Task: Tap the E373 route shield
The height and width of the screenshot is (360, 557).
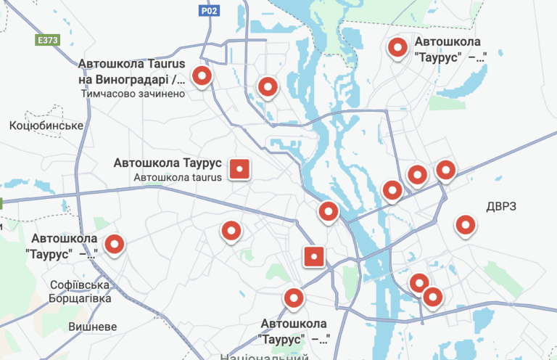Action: point(47,40)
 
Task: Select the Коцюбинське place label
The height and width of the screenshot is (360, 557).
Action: point(46,126)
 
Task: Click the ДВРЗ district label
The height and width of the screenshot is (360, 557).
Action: point(501,207)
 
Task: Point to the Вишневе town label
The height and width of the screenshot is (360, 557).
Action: point(92,327)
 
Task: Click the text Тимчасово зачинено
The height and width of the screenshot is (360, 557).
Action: point(133,94)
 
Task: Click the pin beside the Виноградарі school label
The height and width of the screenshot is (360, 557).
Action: point(202,75)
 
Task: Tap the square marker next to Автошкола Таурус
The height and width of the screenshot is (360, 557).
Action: point(239,169)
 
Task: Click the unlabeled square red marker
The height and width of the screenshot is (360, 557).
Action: point(313,256)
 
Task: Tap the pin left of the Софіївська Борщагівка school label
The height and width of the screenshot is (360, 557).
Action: point(114,245)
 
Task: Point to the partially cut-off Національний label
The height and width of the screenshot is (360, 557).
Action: point(264,356)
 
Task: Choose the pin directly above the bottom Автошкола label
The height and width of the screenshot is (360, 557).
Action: point(293,297)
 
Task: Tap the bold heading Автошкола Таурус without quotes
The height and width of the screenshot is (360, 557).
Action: point(168,163)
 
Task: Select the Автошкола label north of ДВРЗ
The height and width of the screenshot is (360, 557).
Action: point(450,49)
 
